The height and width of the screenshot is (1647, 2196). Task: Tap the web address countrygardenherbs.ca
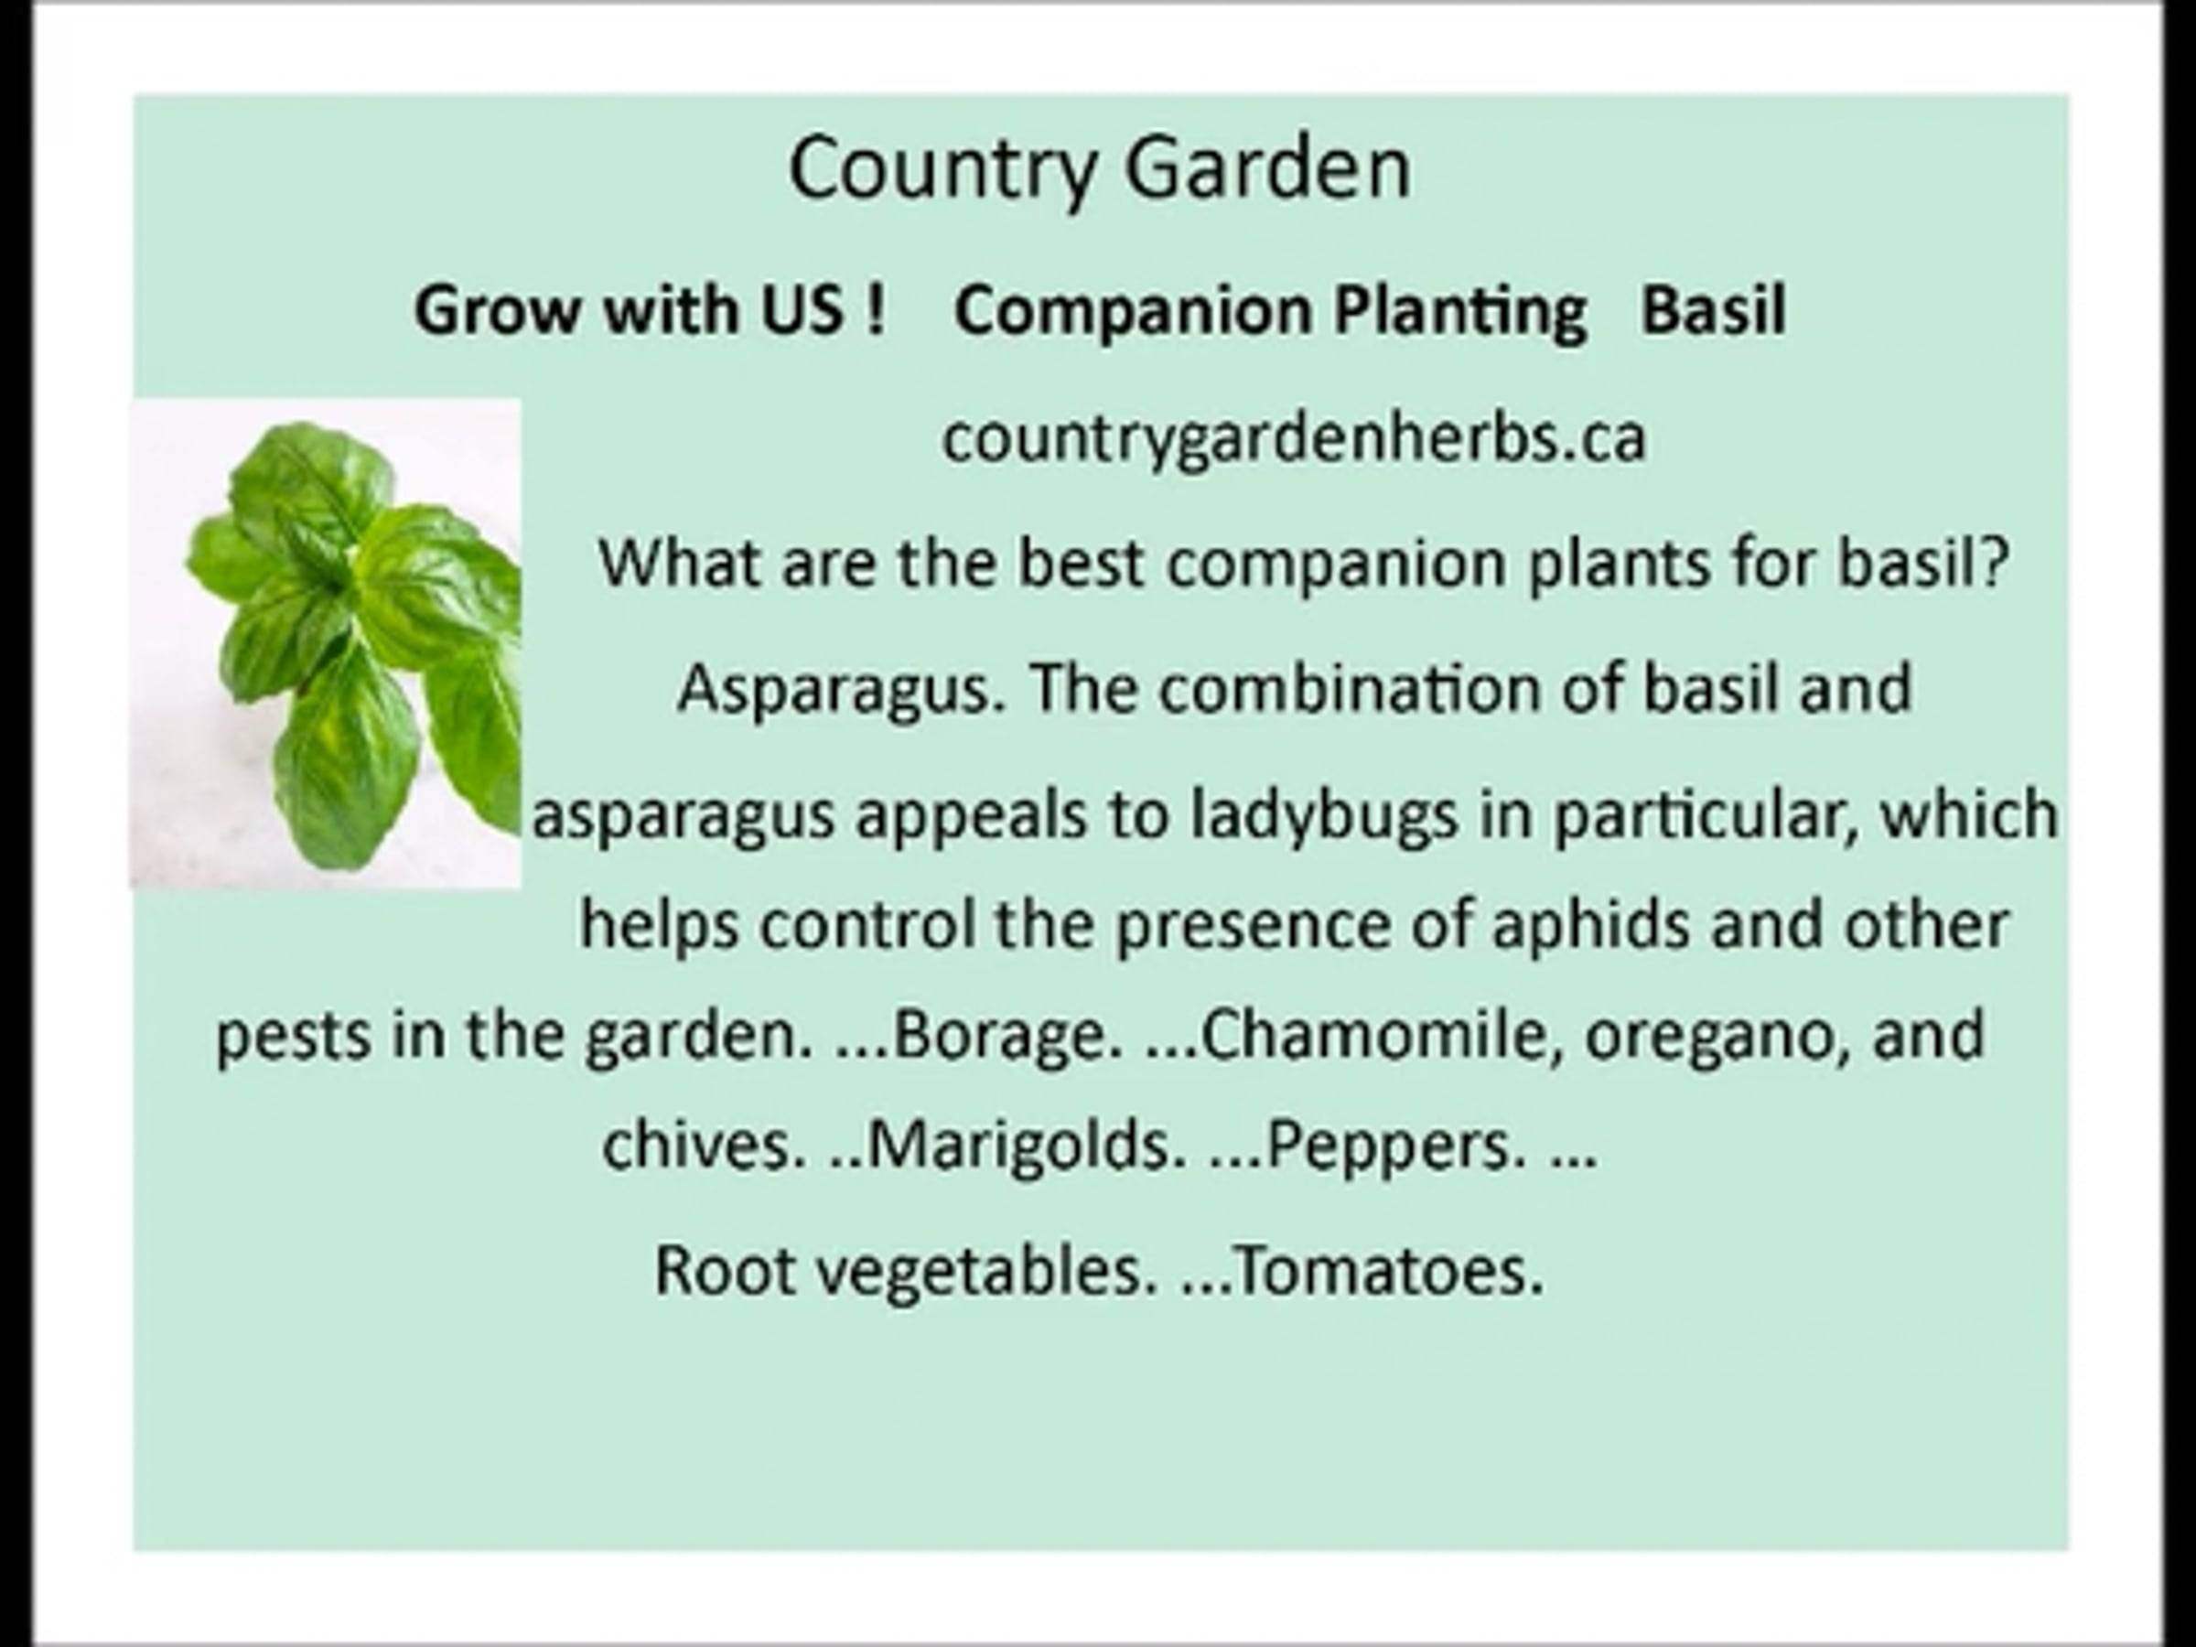coord(1294,440)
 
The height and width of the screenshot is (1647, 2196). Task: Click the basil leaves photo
coord(326,643)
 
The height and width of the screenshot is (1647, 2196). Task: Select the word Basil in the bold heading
coord(1713,310)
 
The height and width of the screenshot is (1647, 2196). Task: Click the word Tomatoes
coord(1390,1270)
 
